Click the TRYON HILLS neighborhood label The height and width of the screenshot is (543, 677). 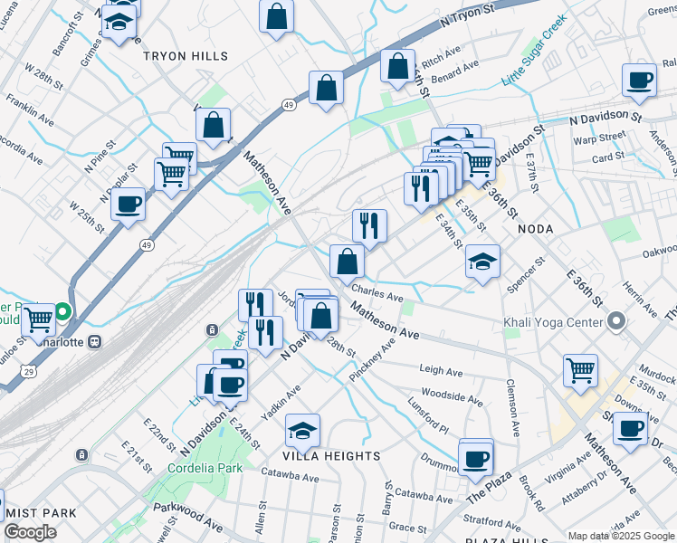[x=185, y=56]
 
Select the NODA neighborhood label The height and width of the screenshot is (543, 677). [x=535, y=230]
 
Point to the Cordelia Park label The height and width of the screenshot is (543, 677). [x=205, y=468]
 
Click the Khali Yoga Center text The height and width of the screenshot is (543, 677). [x=553, y=322]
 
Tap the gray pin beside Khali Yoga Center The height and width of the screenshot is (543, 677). [x=616, y=321]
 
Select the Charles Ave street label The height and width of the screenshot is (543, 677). [x=377, y=295]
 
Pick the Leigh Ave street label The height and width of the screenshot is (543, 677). [x=442, y=370]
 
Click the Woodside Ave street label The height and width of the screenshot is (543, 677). [x=453, y=397]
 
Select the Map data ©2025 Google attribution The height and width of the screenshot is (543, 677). [x=620, y=536]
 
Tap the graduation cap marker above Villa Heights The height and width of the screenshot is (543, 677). [x=302, y=430]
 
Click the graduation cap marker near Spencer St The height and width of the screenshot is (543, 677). [x=483, y=262]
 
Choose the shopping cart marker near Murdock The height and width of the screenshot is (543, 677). [x=580, y=368]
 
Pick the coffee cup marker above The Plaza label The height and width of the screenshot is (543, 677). [x=475, y=457]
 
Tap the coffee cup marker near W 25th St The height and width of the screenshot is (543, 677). [x=129, y=203]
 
